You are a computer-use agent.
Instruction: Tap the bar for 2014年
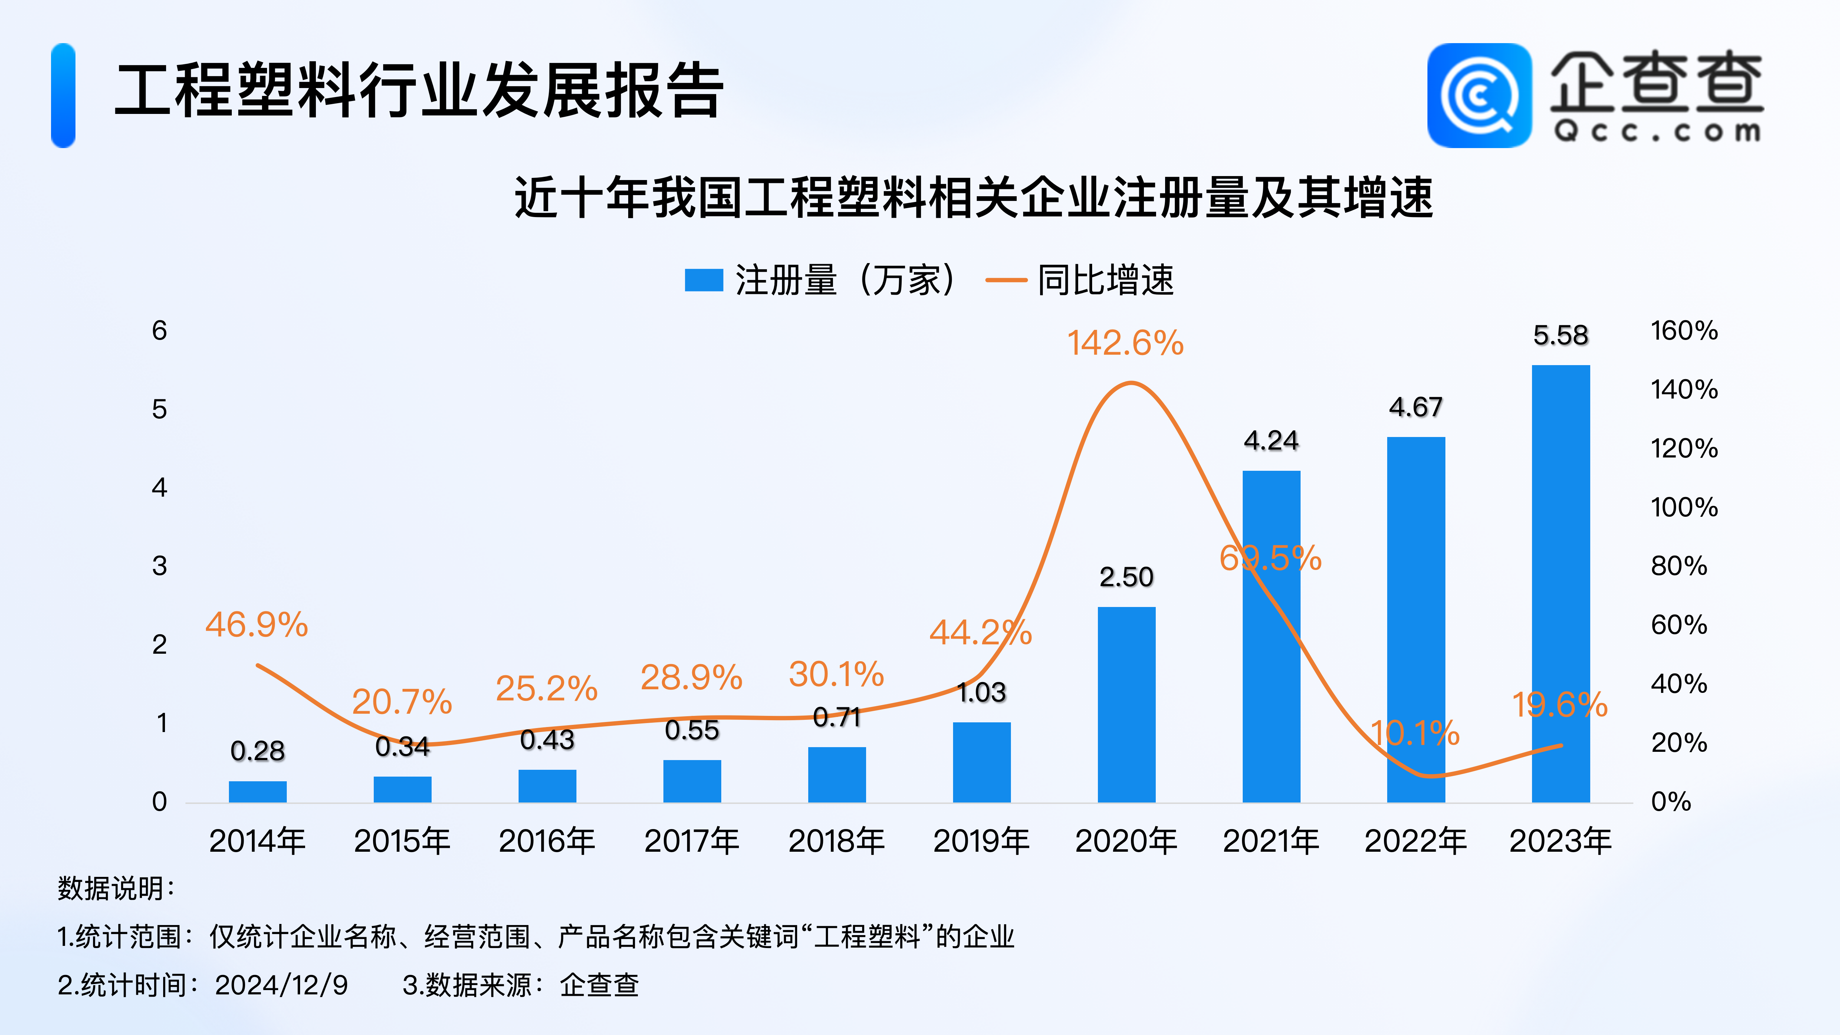pos(258,791)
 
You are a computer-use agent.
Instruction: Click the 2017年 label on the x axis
pos(691,841)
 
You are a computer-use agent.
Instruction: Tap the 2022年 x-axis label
pos(1416,841)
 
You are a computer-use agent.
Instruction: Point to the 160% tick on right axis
pos(1684,331)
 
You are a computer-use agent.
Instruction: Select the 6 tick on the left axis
pos(159,331)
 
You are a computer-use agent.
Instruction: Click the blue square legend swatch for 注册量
pos(704,280)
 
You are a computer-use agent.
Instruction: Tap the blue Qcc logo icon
pos(1479,96)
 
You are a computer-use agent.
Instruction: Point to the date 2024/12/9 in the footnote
pos(281,985)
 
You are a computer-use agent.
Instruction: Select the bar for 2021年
pos(1271,636)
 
